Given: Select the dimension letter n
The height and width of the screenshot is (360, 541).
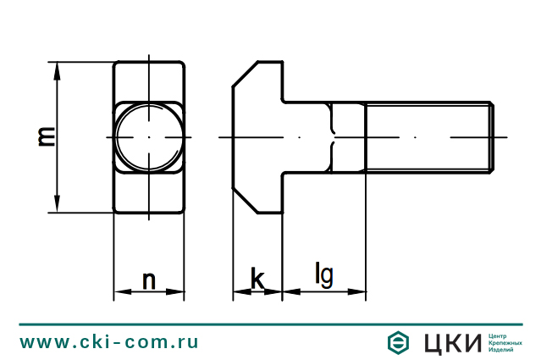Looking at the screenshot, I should tap(149, 280).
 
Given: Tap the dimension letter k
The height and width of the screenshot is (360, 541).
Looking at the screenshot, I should tap(257, 279).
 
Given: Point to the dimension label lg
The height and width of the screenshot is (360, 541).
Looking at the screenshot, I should tap(323, 275).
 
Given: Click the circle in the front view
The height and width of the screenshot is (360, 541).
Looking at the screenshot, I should tap(148, 137).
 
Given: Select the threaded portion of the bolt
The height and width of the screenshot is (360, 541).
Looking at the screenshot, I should tap(428, 137).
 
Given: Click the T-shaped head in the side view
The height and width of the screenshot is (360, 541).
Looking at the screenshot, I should tap(257, 137).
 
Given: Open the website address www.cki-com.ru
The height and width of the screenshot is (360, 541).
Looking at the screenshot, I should tap(109, 343).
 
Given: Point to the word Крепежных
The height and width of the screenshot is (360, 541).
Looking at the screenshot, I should tap(506, 343).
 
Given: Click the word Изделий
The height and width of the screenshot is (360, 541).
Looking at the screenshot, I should tap(503, 351).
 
